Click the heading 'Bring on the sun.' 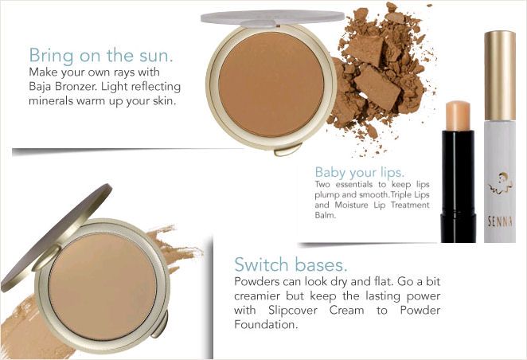click(101, 56)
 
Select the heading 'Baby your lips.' click(359, 173)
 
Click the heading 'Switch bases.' click(291, 264)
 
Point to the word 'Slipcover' click(292, 311)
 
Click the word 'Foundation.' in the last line click(266, 325)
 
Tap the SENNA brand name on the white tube click(500, 221)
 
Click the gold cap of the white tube click(500, 76)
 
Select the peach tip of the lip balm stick click(458, 115)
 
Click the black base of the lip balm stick click(458, 186)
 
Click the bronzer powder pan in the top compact click(271, 84)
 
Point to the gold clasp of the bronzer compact click(287, 149)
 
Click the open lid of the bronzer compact click(272, 18)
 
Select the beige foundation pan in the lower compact click(103, 287)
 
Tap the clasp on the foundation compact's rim click(160, 325)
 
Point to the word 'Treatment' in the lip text click(410, 205)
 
